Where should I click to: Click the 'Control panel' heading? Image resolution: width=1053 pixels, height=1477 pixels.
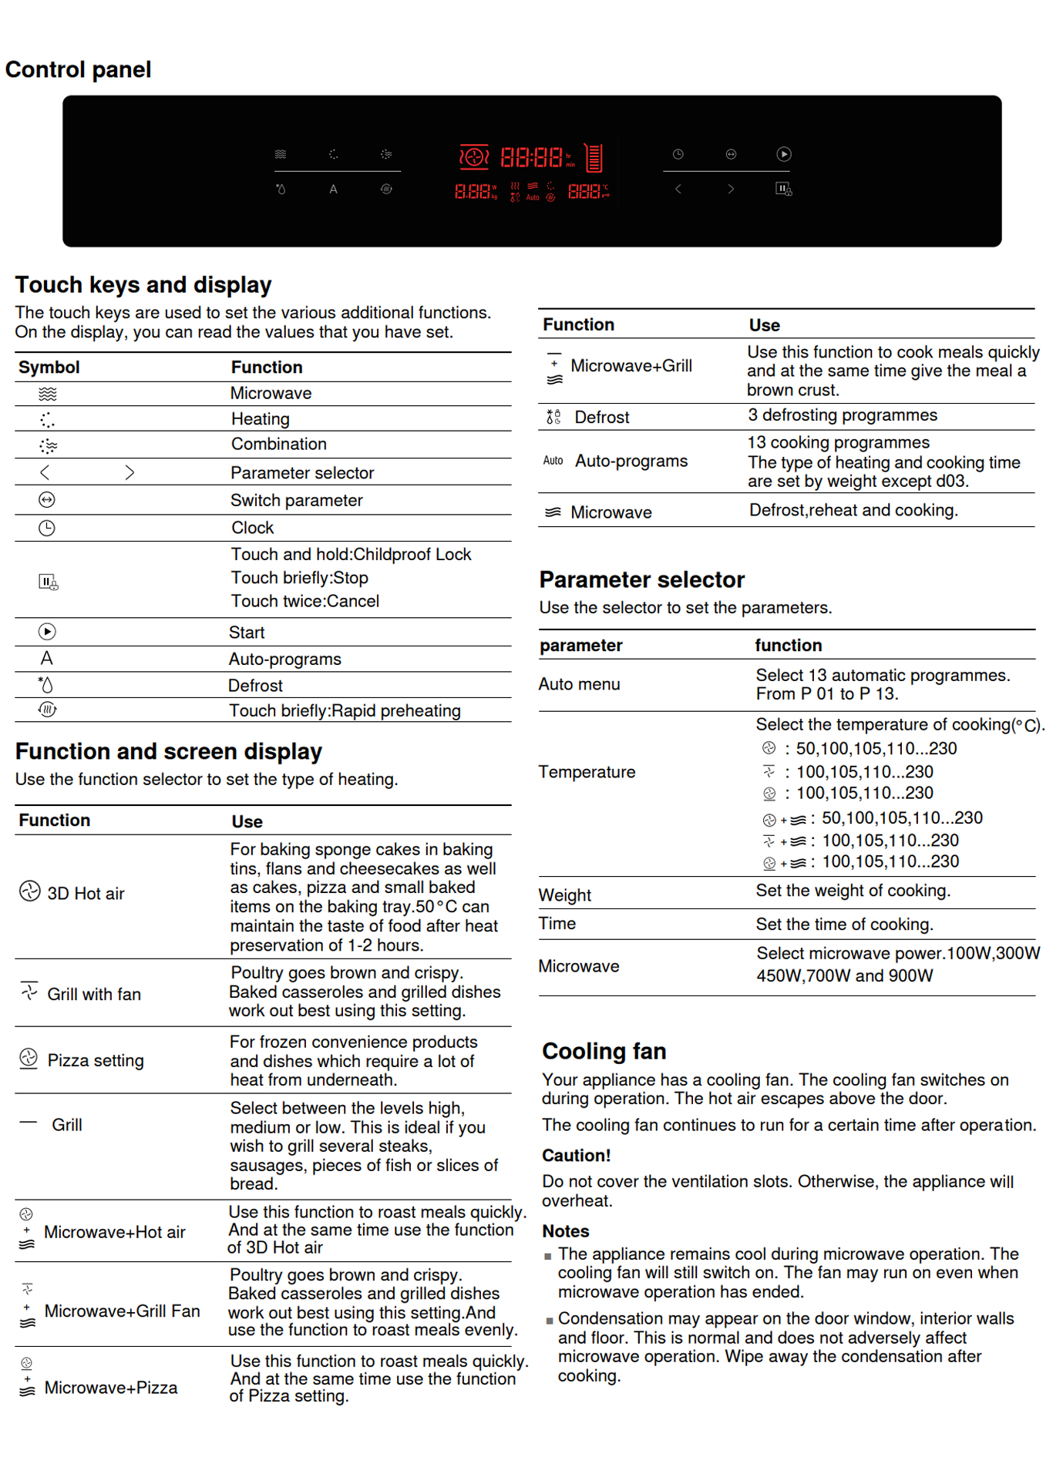point(78,70)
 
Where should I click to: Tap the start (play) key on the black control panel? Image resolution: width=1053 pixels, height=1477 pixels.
point(783,154)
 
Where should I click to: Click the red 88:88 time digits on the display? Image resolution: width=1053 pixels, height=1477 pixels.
point(532,158)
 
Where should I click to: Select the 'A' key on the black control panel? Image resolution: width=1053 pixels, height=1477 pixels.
point(333,190)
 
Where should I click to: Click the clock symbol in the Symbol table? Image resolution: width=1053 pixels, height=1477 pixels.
point(47,528)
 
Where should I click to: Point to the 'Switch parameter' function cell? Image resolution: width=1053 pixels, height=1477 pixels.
point(296,501)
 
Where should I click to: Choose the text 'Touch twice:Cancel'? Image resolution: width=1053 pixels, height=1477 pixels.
point(304,602)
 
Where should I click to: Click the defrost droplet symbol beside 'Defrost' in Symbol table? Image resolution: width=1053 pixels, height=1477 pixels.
point(46,685)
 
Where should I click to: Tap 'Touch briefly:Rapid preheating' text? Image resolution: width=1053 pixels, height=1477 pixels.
point(345,711)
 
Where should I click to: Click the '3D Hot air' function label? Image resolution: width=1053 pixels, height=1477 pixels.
point(86,894)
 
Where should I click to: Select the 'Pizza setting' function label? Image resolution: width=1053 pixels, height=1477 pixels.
point(96,1061)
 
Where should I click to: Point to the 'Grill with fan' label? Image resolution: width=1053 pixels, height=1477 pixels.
point(94,995)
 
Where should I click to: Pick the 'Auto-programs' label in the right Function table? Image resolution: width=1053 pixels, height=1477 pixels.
point(631,462)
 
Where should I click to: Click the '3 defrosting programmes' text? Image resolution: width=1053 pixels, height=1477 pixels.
point(842,415)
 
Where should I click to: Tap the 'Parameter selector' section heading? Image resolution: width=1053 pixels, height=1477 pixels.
point(641,580)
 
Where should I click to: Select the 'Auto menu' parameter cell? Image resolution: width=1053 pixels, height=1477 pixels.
point(579,684)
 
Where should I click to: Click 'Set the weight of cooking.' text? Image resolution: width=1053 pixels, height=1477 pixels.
point(853,891)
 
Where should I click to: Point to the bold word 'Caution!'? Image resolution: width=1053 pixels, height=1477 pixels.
point(576,1156)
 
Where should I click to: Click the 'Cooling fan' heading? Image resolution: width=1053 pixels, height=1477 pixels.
point(604,1052)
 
